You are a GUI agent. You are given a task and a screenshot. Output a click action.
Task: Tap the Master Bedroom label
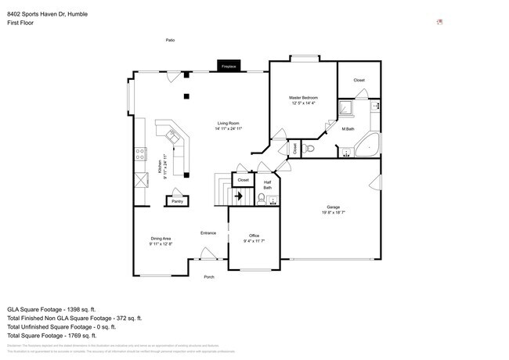click(304, 98)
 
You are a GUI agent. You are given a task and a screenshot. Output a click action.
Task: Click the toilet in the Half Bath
click(272, 200)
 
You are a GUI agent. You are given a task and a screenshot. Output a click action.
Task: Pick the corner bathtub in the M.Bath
click(367, 146)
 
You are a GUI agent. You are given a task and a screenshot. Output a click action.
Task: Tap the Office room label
click(254, 236)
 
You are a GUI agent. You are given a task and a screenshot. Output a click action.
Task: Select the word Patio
click(169, 40)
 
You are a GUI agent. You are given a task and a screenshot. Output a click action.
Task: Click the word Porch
click(209, 277)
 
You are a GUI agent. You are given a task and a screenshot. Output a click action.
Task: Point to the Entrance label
click(208, 232)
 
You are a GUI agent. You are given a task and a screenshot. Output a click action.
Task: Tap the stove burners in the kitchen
click(139, 153)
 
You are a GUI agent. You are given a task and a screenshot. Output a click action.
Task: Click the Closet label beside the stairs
click(244, 180)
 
